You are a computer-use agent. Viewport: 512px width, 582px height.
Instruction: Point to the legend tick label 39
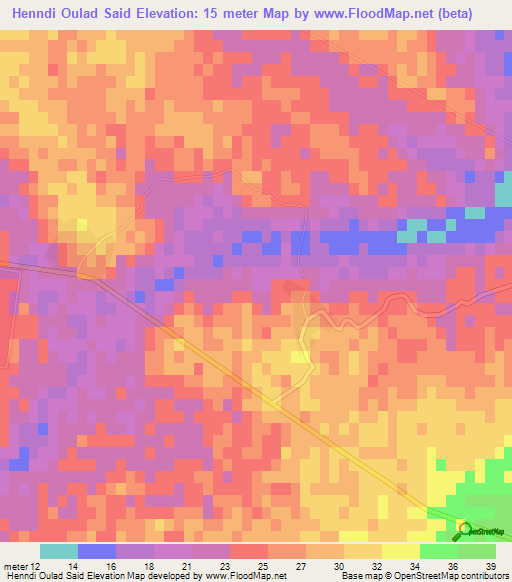point(491,567)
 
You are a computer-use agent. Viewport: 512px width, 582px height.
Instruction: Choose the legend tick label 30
point(340,567)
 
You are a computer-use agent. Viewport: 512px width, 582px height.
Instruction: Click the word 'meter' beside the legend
point(16,567)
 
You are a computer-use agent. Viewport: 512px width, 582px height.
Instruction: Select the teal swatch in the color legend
point(59,551)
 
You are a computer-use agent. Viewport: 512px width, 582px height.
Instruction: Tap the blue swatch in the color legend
point(97,551)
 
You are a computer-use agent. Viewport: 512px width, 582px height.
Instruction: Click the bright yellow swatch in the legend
point(401,551)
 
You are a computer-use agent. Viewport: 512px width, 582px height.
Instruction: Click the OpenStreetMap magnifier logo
point(464,529)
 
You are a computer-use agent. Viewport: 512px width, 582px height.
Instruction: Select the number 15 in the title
point(226,14)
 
